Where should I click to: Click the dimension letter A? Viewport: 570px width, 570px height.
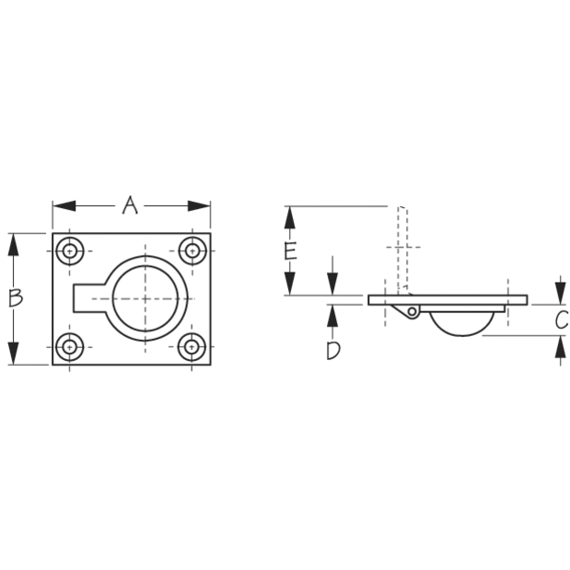130,205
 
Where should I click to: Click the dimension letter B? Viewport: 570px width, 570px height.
16,298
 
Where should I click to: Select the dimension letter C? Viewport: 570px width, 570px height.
561,320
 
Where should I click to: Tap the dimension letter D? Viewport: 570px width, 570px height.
333,351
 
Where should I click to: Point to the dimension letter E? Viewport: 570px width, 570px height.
290,251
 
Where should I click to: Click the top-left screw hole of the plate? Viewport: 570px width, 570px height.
69,250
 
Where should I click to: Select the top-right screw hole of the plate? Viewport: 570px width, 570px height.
192,250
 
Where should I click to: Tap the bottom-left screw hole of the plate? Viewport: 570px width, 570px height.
69,347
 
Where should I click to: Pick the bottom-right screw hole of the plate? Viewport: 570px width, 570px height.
192,347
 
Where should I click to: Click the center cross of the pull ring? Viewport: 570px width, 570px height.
145,299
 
